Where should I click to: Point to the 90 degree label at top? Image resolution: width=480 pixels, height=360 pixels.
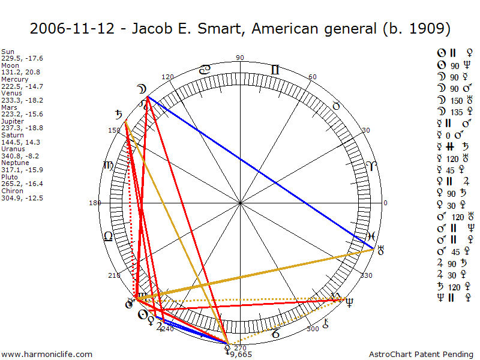click(x=240, y=58)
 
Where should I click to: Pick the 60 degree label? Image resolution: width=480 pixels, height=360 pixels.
click(x=313, y=77)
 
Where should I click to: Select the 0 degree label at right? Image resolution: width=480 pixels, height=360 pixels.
click(x=386, y=203)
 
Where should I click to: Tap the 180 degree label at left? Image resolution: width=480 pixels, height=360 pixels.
click(x=95, y=203)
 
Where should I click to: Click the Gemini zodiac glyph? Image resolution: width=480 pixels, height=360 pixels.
click(x=275, y=70)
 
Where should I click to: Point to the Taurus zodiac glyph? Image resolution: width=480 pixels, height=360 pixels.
click(x=337, y=106)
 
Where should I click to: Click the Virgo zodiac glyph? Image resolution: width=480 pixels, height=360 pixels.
click(x=109, y=165)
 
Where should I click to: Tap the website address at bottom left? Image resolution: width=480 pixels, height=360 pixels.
click(x=47, y=354)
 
